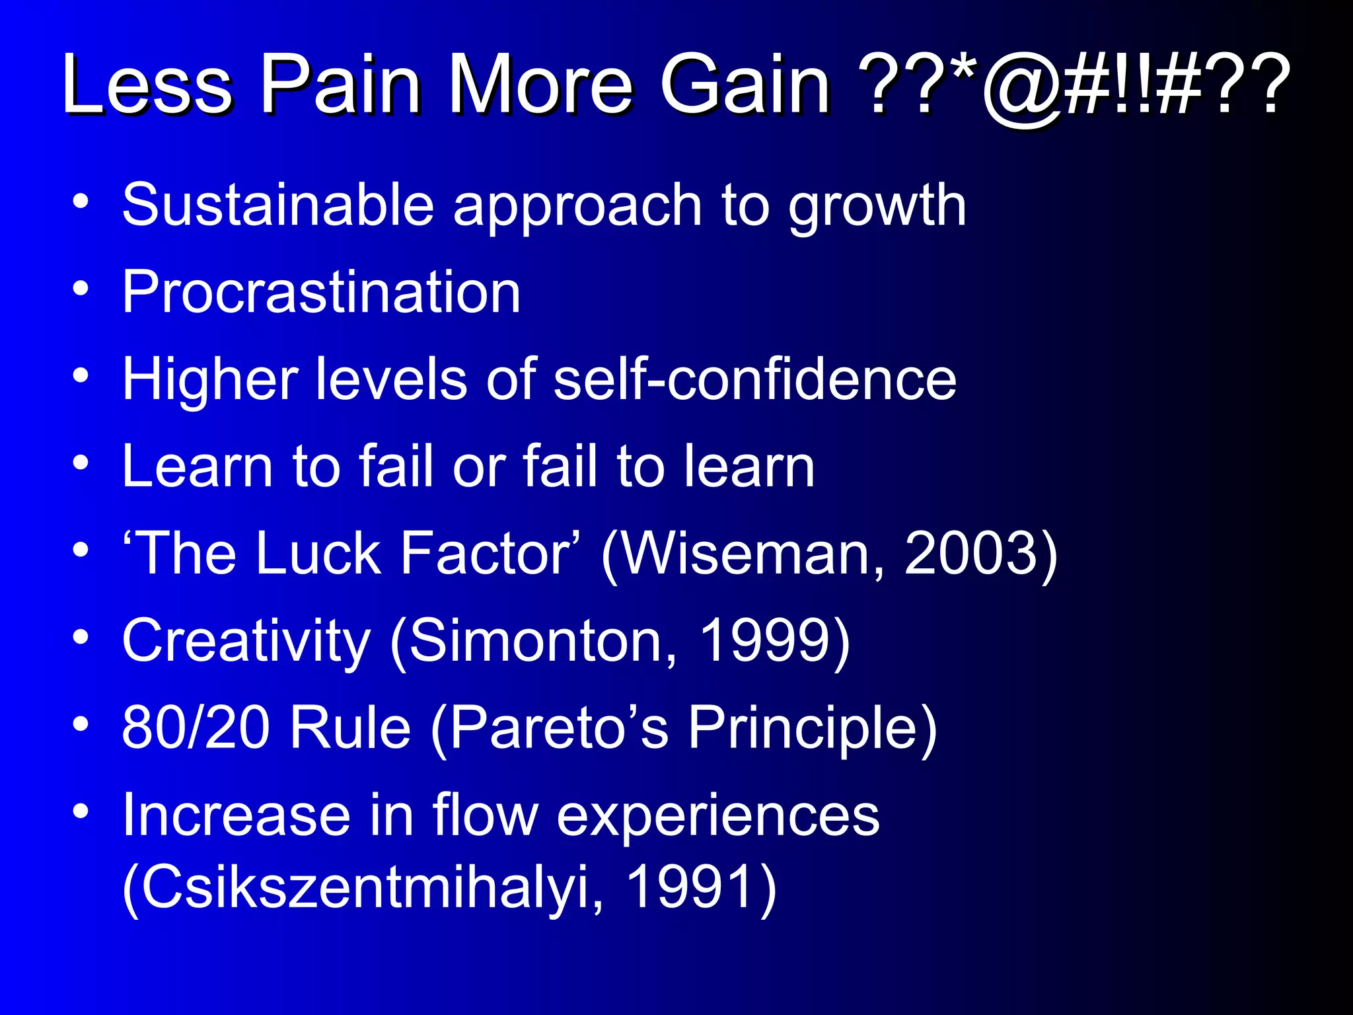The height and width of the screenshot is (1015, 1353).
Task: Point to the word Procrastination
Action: pos(322,292)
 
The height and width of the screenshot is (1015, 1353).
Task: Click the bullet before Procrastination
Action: pos(81,289)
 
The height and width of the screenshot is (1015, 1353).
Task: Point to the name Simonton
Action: pos(542,640)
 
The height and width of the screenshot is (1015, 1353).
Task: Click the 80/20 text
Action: pos(196,728)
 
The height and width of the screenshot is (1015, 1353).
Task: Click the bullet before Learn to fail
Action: pos(81,463)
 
